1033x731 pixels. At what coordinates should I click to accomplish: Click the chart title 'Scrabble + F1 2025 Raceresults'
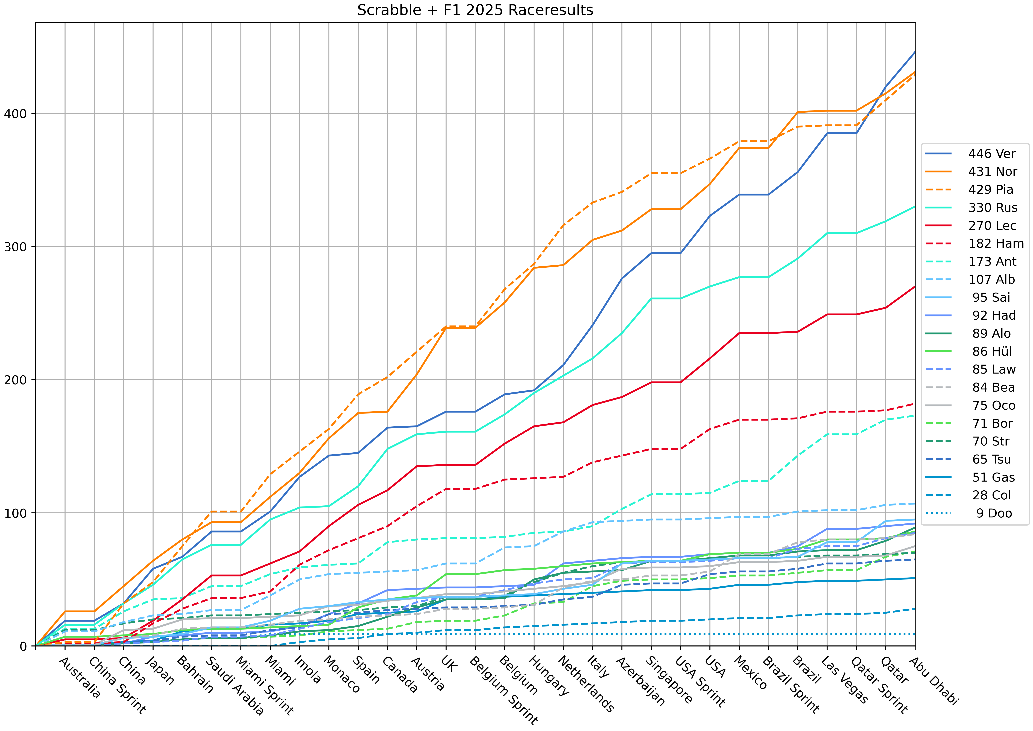[x=475, y=10]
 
